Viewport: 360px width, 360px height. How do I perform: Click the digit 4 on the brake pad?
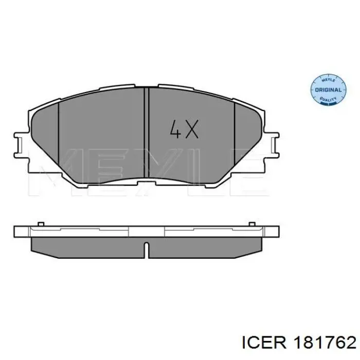click(x=176, y=129)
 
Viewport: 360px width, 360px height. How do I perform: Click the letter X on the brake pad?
click(x=192, y=129)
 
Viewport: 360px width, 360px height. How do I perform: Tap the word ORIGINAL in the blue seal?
click(x=328, y=90)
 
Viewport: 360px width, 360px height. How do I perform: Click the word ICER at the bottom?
click(x=264, y=344)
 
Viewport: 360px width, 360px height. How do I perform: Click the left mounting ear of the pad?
click(x=22, y=145)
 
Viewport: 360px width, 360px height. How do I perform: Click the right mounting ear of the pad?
click(x=272, y=145)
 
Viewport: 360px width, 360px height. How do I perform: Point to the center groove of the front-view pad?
click(x=147, y=133)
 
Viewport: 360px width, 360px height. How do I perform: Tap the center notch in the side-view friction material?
click(x=147, y=250)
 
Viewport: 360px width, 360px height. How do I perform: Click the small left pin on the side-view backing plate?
click(x=41, y=224)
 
